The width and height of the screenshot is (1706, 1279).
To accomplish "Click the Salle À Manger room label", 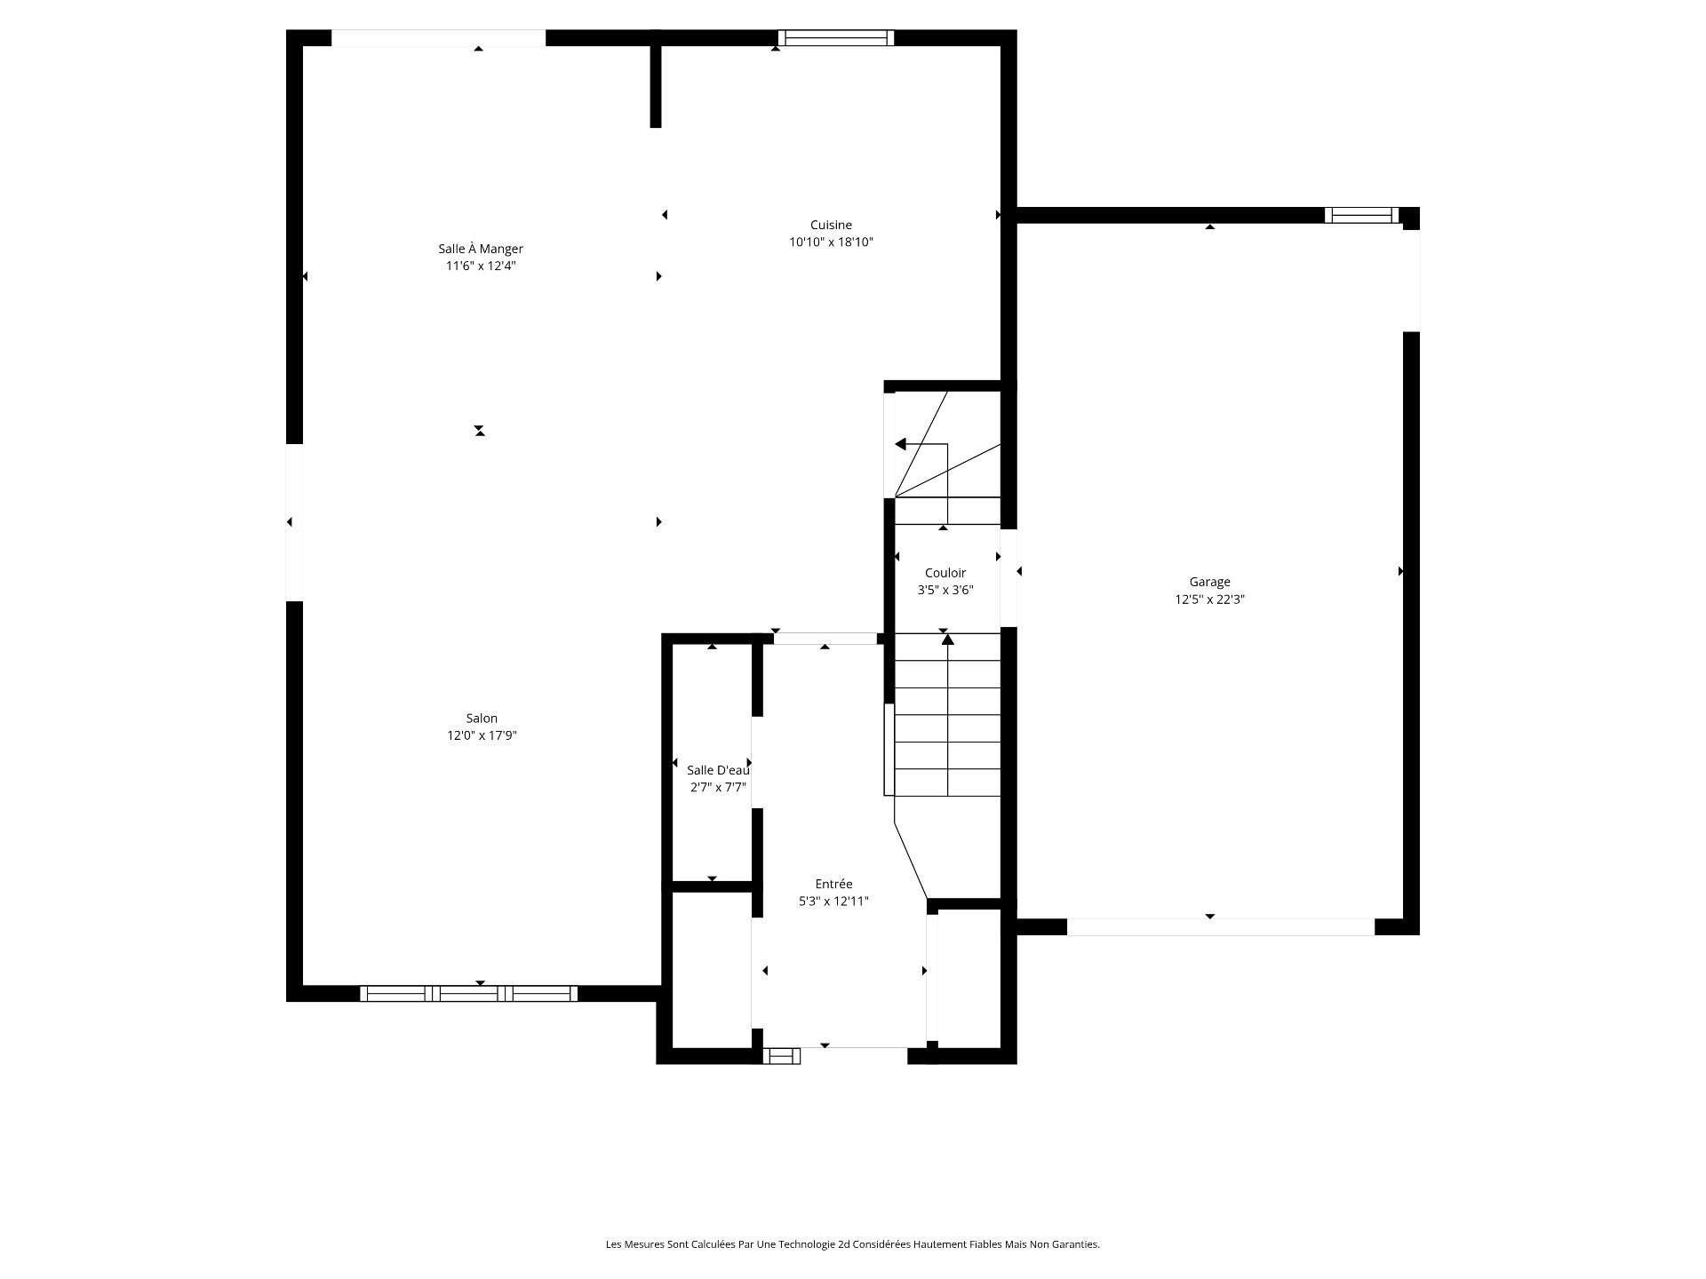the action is coord(481,249).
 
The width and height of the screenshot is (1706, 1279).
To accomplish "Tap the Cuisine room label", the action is coord(831,225).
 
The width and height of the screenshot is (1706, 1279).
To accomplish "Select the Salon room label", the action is coord(482,718).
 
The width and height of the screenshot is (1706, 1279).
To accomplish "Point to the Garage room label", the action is coord(1209,582).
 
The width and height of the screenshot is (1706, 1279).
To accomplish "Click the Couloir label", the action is coord(945,573).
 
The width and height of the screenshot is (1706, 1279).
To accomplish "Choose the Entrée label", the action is coord(833,884).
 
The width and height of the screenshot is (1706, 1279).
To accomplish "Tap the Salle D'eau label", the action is coord(718,770).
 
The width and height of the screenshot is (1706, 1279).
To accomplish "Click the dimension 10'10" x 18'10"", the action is coord(831,242).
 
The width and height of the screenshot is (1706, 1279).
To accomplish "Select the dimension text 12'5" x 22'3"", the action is coord(1209,600).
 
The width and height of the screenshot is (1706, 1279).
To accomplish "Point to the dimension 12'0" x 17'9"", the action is coord(482,735).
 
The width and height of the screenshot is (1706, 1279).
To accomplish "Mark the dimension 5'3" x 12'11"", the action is coord(833,902).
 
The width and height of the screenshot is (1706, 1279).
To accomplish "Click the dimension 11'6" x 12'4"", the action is coord(481,266).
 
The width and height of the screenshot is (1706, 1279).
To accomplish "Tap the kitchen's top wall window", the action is coord(835,37).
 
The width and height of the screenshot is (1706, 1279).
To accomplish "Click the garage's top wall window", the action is coord(1361,215).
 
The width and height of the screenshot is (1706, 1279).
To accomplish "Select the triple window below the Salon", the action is coord(468,994).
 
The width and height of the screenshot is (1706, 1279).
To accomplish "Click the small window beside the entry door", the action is coord(782,1056).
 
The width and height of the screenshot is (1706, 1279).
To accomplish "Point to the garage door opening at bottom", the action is coord(1221,926).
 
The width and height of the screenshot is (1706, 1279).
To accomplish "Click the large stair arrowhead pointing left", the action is coord(900,444).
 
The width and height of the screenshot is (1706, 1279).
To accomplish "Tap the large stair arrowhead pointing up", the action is coord(948,639).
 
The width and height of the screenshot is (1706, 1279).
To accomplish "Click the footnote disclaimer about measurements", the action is coord(853,1244).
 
